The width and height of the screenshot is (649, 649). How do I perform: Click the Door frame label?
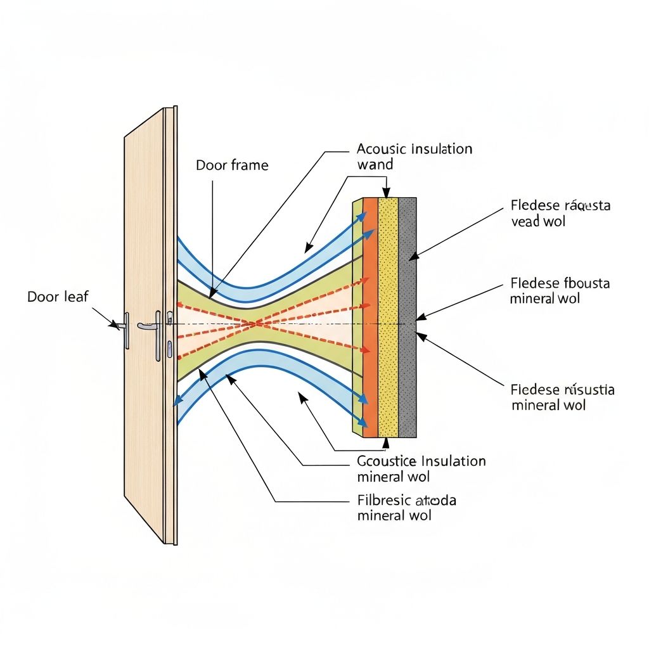[232, 165]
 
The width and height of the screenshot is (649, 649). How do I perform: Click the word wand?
[375, 165]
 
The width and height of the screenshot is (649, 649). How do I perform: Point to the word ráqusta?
[587, 206]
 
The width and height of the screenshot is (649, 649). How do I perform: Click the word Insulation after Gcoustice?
[453, 461]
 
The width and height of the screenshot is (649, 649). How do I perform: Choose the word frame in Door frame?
[248, 165]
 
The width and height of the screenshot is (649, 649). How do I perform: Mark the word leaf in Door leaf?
[75, 296]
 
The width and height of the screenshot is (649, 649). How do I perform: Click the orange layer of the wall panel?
[370, 317]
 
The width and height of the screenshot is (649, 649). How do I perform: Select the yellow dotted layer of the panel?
[388, 317]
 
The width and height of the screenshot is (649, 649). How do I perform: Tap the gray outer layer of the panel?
[407, 317]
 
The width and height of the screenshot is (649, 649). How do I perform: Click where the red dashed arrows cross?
[255, 324]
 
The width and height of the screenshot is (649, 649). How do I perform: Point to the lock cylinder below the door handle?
[170, 348]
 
